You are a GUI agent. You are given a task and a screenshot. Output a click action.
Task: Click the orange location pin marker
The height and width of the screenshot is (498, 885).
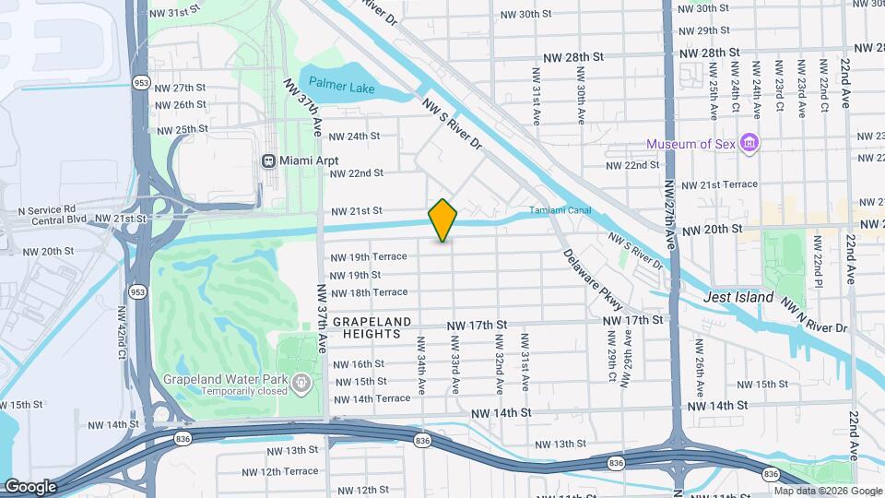(x=443, y=220)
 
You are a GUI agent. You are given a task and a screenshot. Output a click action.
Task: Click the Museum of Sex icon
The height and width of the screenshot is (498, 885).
(x=750, y=144)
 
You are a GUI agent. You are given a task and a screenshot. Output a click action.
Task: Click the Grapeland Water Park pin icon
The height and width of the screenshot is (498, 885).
(x=300, y=382)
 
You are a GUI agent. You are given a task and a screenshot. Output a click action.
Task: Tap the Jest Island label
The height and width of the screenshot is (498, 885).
(x=737, y=297)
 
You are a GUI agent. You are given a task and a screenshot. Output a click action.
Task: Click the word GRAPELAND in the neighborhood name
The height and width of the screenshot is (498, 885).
(x=371, y=320)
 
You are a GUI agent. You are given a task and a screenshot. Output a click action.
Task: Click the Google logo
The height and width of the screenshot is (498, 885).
(x=30, y=486)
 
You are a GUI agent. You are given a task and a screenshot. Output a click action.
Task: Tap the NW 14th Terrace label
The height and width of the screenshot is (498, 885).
(x=372, y=398)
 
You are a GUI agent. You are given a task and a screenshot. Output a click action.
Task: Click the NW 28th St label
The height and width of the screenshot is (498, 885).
(x=572, y=56)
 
